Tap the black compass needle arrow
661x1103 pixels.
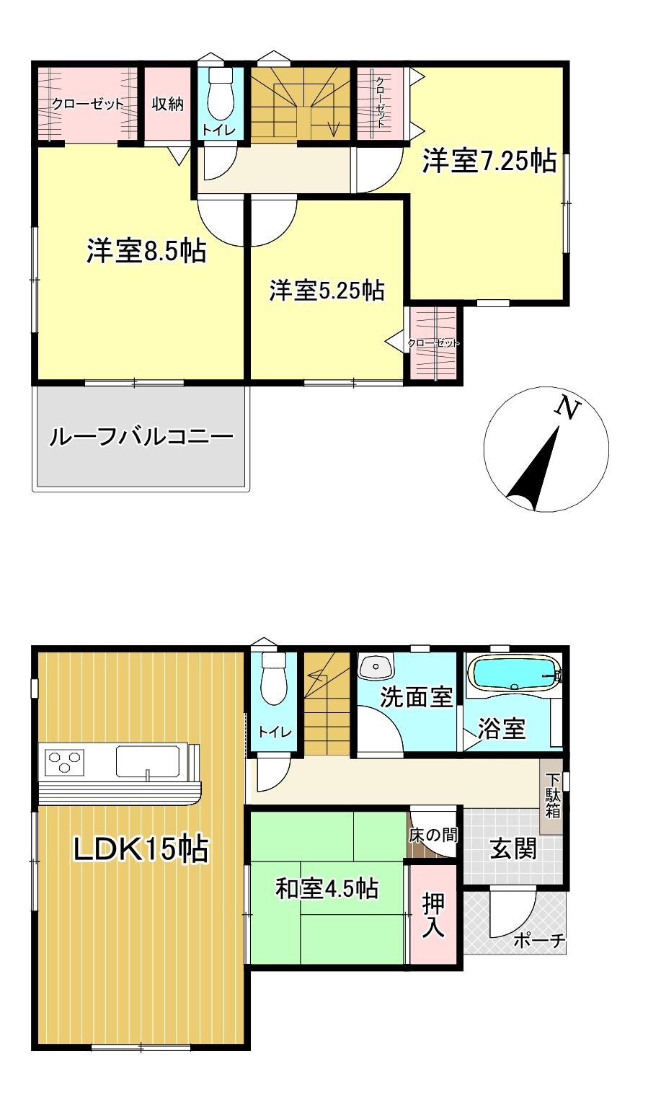tap(535, 469)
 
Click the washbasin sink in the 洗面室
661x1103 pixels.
tap(376, 667)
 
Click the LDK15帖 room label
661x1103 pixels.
tap(141, 849)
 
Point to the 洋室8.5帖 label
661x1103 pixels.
tap(146, 251)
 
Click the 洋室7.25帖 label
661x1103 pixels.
tap(489, 161)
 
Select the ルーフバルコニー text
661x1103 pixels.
tap(141, 436)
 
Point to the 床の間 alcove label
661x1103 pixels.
tap(433, 835)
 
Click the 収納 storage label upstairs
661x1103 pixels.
tap(167, 103)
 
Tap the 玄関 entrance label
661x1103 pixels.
tap(513, 849)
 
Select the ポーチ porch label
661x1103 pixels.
tap(539, 941)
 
